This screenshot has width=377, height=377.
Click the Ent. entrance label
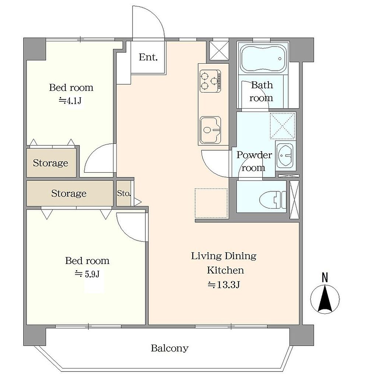(148, 57)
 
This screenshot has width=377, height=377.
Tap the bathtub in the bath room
(263, 59)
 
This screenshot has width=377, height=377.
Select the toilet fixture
(273, 200)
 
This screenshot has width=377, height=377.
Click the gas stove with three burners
(210, 81)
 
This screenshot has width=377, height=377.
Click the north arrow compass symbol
(325, 299)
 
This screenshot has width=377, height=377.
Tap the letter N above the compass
(325, 278)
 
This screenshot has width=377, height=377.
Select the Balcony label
(170, 348)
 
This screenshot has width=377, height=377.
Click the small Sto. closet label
(124, 193)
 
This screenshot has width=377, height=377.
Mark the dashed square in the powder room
(282, 126)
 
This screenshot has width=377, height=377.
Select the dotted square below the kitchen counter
(211, 203)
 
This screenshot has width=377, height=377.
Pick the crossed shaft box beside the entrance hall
(219, 50)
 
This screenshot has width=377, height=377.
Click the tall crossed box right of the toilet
(294, 200)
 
